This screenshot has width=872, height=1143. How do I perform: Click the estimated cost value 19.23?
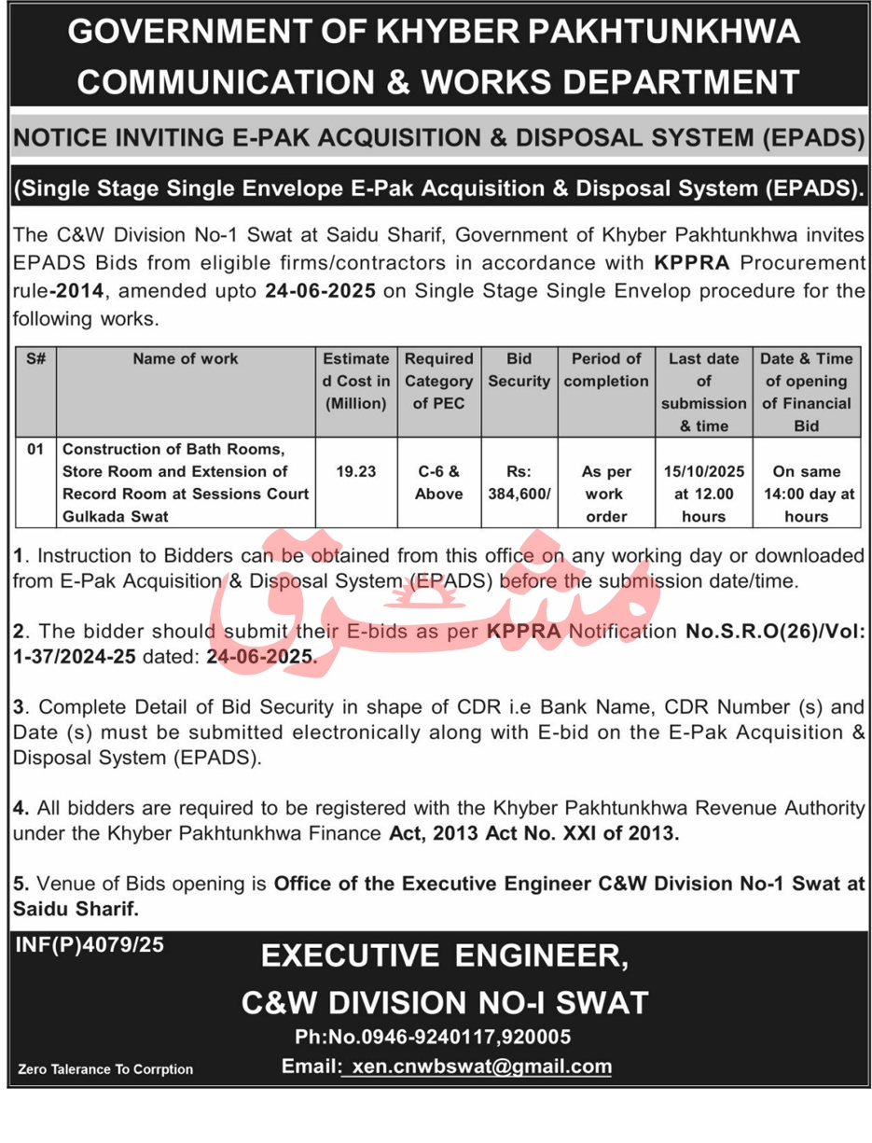(x=356, y=471)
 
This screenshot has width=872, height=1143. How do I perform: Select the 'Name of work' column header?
(x=185, y=358)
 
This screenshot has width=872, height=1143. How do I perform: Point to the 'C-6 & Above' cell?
(x=438, y=482)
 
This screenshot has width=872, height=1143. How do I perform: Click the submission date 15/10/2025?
(x=703, y=471)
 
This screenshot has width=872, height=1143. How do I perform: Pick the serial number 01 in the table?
(x=35, y=450)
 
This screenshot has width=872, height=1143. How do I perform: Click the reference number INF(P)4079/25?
(x=90, y=944)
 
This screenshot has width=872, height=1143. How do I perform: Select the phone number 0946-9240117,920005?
(x=433, y=1037)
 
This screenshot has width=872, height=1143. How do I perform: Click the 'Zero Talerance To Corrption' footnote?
(x=105, y=1069)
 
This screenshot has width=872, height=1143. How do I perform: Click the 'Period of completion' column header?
(x=606, y=369)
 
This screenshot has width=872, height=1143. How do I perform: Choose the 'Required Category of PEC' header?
(x=438, y=381)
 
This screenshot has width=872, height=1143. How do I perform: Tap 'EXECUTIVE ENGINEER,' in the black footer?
(x=443, y=955)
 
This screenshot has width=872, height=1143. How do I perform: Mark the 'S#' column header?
(x=35, y=358)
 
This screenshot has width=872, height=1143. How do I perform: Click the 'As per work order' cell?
(x=606, y=494)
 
